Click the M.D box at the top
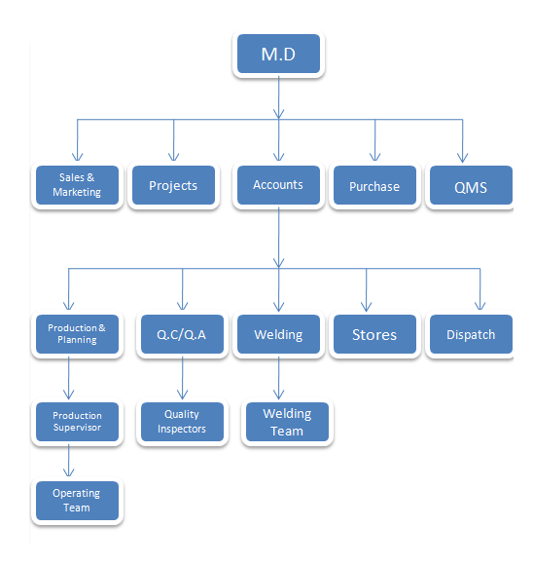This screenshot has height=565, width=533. pos(278,54)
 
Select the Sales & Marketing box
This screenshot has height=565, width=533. pos(77,185)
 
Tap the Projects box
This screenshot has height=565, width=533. pos(173,185)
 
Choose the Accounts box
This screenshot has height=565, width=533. pos(278,185)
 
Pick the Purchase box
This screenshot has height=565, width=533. pos(374,185)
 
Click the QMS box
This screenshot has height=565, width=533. pos(471,185)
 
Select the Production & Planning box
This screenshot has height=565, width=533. pos(77,334)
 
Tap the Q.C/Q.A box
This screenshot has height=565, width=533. pos(182,334)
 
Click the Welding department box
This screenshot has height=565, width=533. pos(278,334)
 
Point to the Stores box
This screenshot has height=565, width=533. pos(374,334)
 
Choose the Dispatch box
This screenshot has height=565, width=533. pos(471,334)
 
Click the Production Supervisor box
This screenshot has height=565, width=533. pos(77,422)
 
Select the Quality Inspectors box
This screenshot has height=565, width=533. pos(182,422)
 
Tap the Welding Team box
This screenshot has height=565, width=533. pos(287,422)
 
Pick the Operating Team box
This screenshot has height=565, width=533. pos(77,501)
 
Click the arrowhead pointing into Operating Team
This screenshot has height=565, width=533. pos(68,472)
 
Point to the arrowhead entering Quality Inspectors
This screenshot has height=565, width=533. pos(182,395)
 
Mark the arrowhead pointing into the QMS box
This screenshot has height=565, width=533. pos(462,158)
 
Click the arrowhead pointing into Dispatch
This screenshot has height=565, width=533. pos(480,306)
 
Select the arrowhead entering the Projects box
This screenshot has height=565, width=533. pos(173,157)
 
